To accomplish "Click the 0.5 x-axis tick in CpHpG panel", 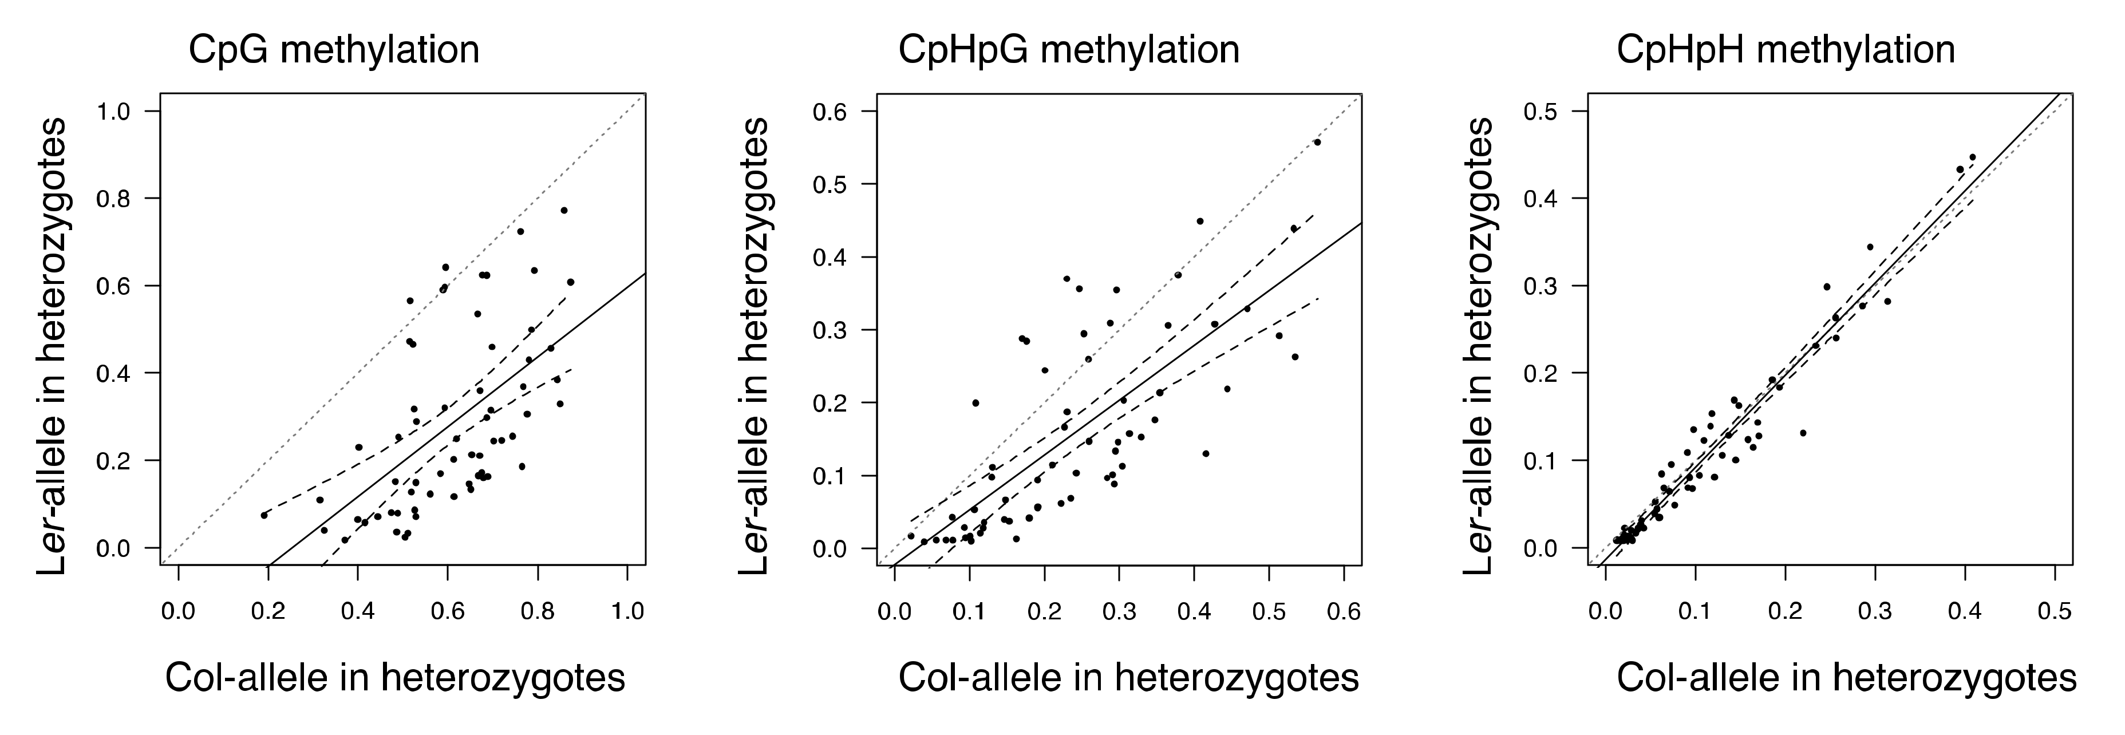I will click(1269, 611).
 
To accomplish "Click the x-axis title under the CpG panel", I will click(394, 678).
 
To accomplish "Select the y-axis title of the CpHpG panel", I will click(754, 346).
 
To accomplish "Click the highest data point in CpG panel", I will click(564, 210).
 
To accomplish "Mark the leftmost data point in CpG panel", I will click(264, 515).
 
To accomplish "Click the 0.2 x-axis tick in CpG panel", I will click(267, 611).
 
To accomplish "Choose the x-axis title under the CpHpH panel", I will click(1846, 678).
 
